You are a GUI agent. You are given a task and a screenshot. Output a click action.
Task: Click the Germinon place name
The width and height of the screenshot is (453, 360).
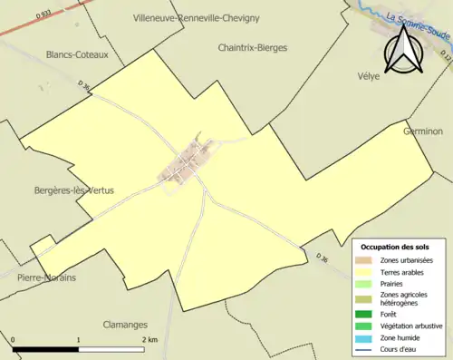[423, 131]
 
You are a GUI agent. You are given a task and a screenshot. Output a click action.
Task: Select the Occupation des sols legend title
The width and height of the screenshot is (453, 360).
[395, 247]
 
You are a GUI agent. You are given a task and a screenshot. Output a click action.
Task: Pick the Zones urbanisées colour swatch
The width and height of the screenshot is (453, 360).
[366, 261]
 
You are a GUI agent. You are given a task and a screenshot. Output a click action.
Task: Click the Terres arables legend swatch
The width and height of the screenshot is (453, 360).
[366, 271]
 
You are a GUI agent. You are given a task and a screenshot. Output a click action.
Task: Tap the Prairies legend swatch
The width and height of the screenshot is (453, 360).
[366, 283]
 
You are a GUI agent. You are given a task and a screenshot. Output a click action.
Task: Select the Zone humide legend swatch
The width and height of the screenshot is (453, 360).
[366, 337]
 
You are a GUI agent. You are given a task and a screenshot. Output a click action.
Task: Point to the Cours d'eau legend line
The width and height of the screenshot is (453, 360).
[366, 349]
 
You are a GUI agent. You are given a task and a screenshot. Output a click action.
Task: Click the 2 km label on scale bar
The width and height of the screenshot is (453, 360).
[149, 340]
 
